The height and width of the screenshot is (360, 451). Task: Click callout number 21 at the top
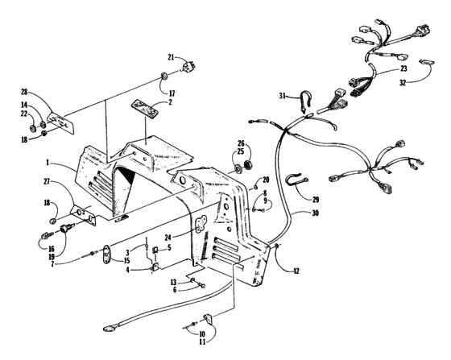point(171,57)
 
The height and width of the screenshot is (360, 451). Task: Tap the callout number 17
point(170,93)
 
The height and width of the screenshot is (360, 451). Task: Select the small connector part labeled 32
point(428,63)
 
